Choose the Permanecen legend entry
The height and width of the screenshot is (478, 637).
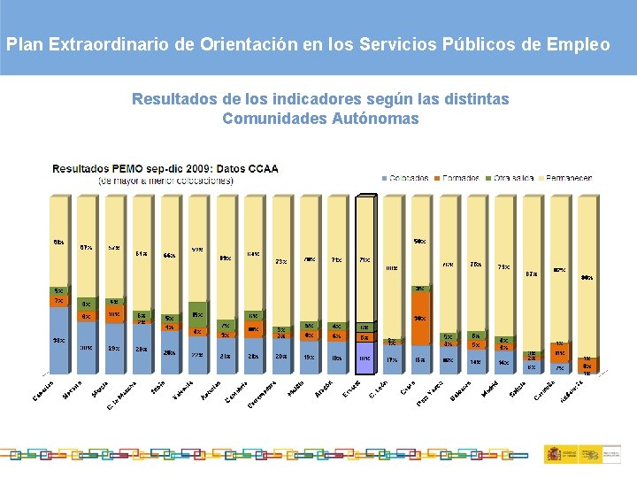click(565, 177)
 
